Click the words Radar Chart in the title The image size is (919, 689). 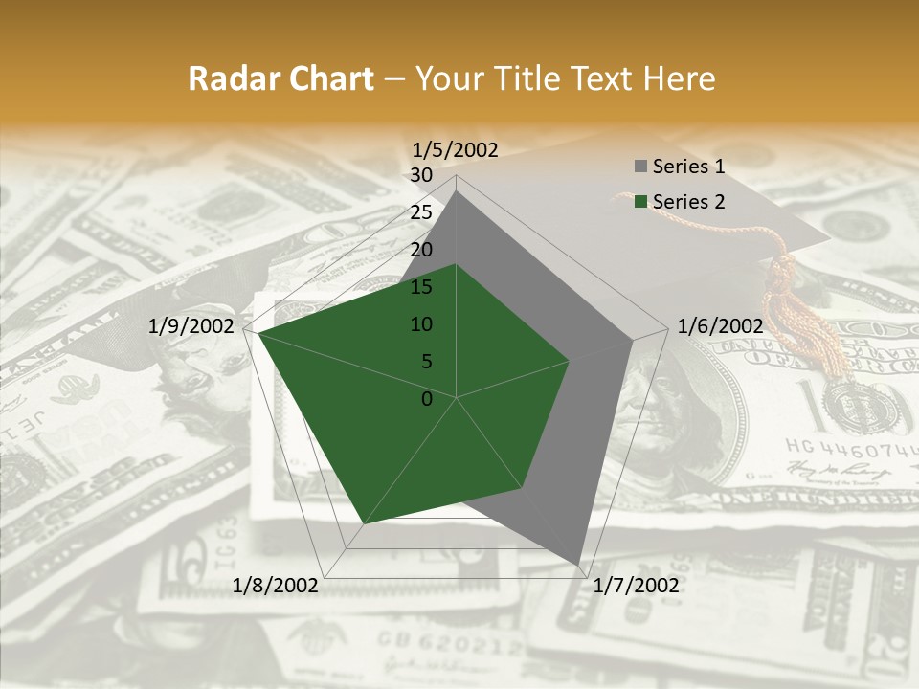click(x=280, y=78)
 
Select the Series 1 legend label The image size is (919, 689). click(x=688, y=167)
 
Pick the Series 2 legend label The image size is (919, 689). click(x=688, y=201)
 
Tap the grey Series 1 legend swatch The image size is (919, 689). click(x=640, y=167)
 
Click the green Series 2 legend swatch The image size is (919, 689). click(x=640, y=202)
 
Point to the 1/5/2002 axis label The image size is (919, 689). click(x=455, y=149)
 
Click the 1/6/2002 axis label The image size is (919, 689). click(x=720, y=326)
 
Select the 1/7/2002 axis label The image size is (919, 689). click(x=636, y=586)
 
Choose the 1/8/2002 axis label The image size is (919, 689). click(x=276, y=586)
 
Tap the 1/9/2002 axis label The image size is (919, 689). click(x=191, y=326)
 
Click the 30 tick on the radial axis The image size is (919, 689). click(x=421, y=175)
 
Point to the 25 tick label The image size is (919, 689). click(x=421, y=212)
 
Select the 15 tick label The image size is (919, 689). click(x=421, y=287)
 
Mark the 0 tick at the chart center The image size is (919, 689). click(x=427, y=399)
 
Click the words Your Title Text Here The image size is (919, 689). click(x=566, y=78)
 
